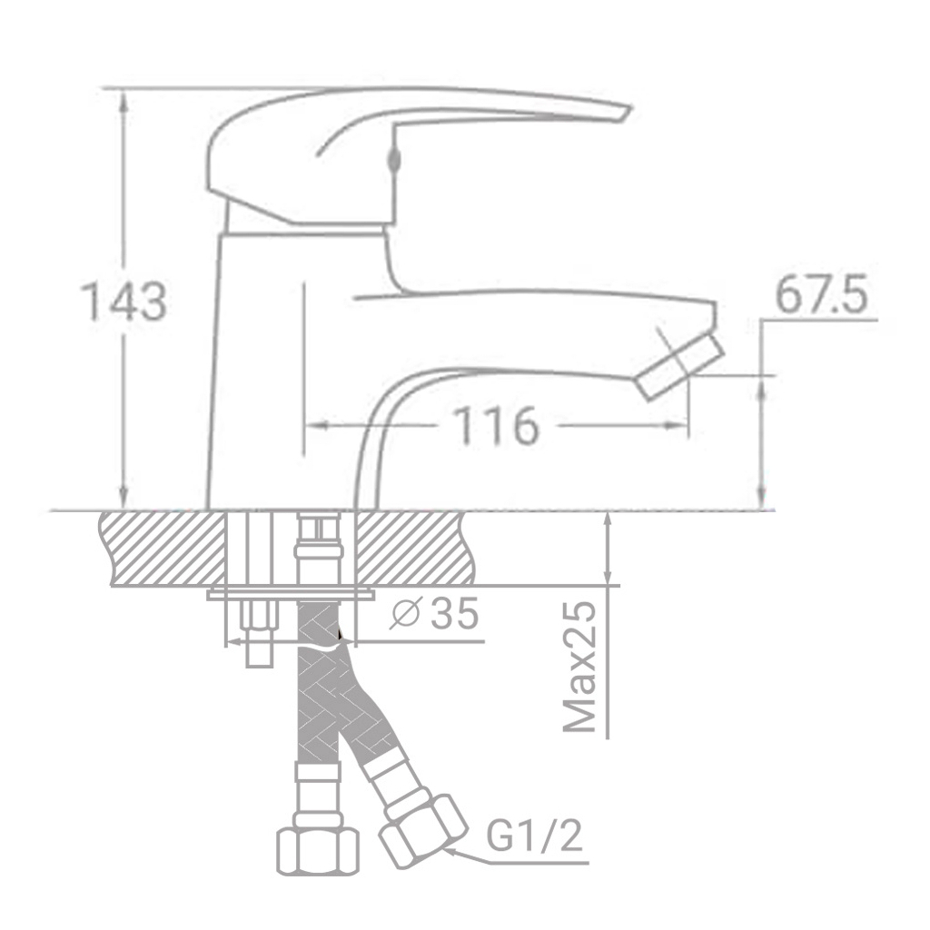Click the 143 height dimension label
(x=124, y=302)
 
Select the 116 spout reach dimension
(x=496, y=426)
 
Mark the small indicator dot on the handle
(x=393, y=160)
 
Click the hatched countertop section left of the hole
(x=163, y=548)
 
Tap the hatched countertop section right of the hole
(x=413, y=548)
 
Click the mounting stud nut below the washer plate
(x=258, y=618)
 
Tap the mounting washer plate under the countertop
(x=291, y=595)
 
